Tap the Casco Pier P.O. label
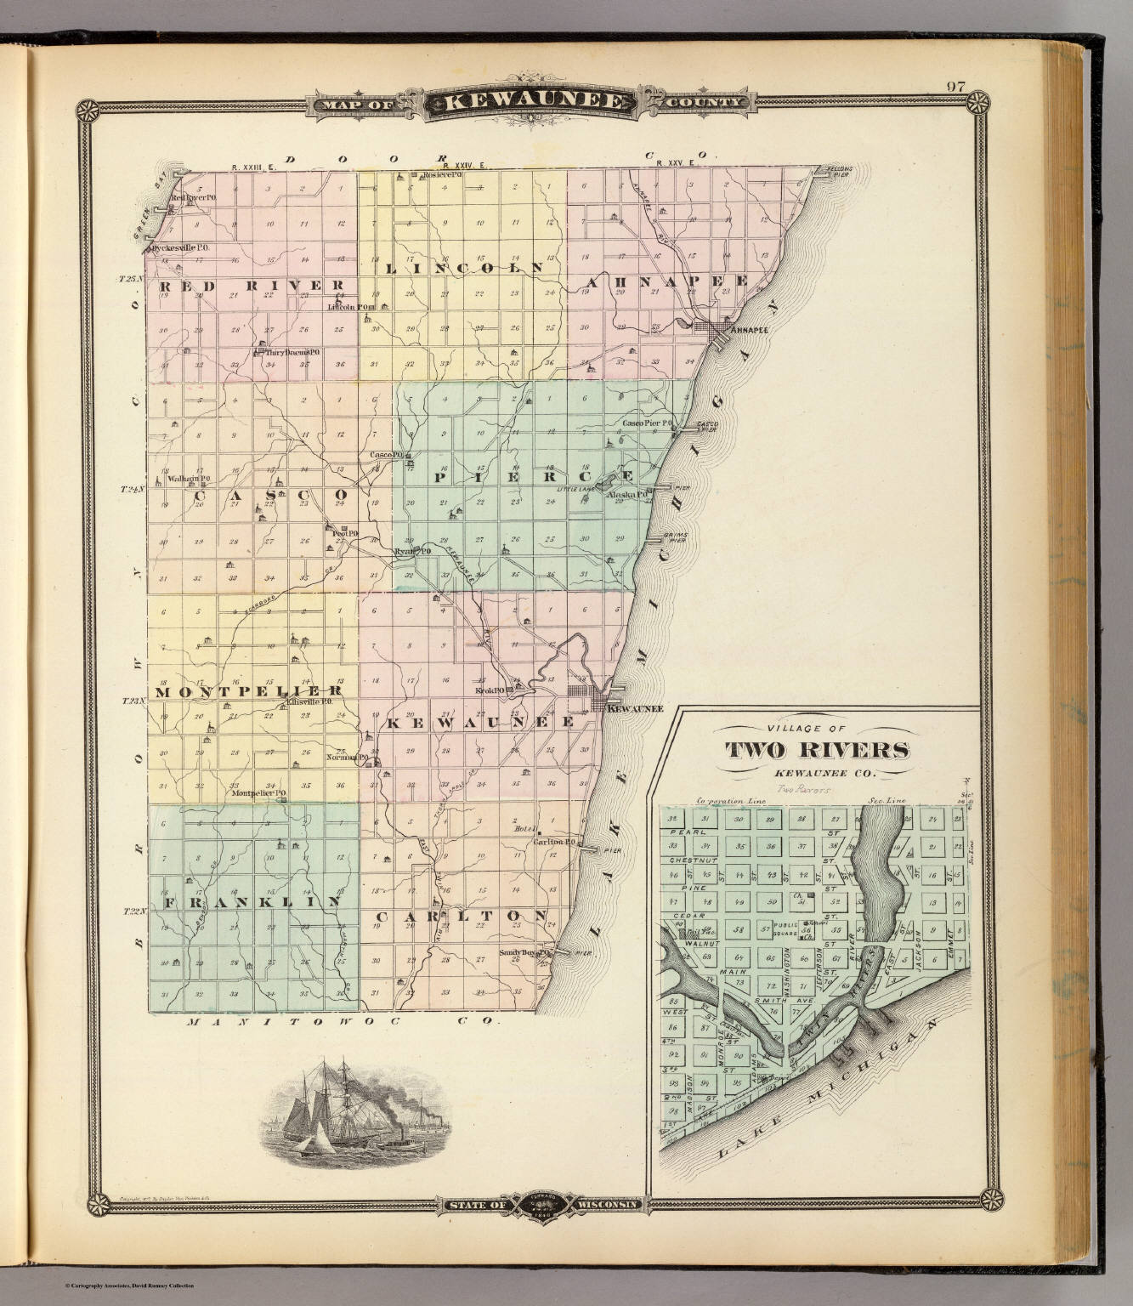648,423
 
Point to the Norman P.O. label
348,757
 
